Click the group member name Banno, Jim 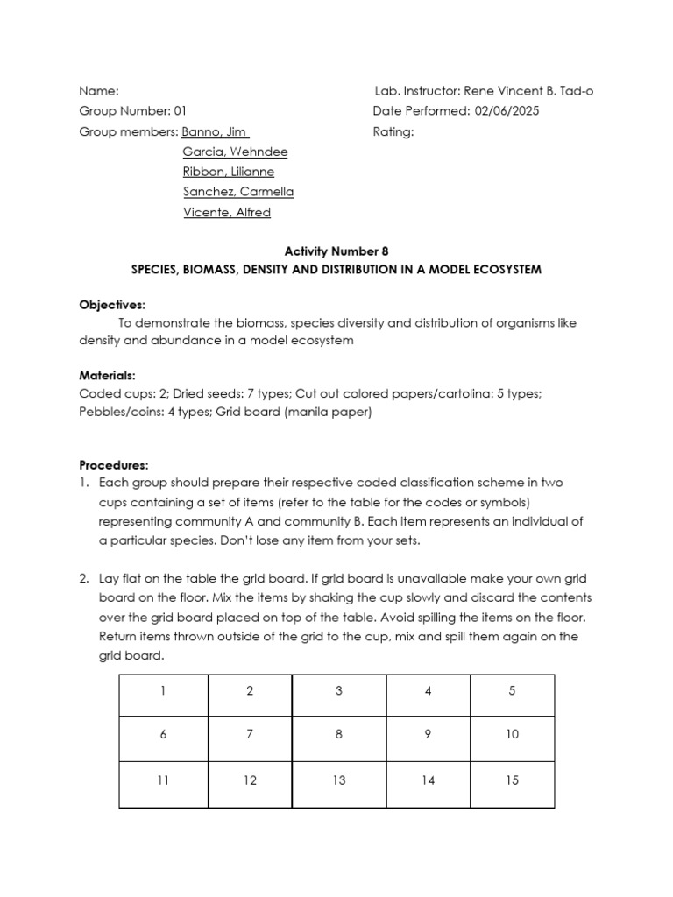point(215,132)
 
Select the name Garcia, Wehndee point(235,152)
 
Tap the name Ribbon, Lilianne point(228,172)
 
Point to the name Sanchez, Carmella point(238,192)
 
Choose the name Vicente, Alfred point(227,212)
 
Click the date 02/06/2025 point(507,112)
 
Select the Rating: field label point(393,132)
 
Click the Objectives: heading point(112,305)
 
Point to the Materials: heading point(108,376)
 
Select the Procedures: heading point(114,464)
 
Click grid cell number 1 point(163,691)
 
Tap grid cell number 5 point(513,691)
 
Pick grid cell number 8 point(338,736)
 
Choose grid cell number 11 point(163,780)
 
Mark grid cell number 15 point(513,780)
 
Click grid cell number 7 point(250,736)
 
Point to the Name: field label point(98,92)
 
